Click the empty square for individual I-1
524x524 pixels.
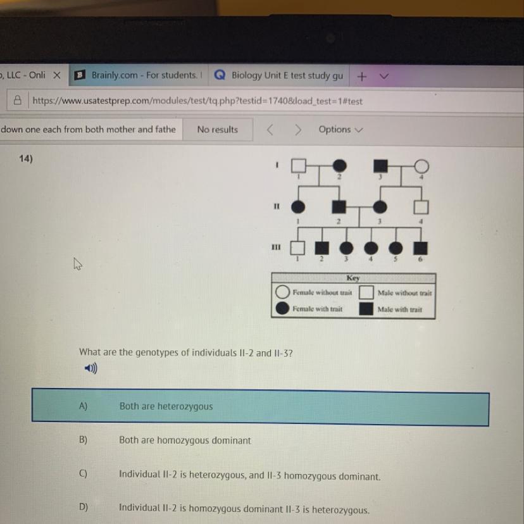pyautogui.click(x=299, y=165)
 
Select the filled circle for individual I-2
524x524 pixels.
pyautogui.click(x=340, y=165)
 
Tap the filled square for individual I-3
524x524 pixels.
pyautogui.click(x=380, y=166)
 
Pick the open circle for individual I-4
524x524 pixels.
pyautogui.click(x=421, y=166)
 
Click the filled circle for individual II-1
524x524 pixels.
pyautogui.click(x=298, y=207)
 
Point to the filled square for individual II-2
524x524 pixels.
pyautogui.click(x=339, y=207)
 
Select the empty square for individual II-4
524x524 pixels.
pyautogui.click(x=421, y=207)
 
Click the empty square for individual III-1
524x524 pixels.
pyautogui.click(x=297, y=248)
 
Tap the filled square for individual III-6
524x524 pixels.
pyautogui.click(x=420, y=248)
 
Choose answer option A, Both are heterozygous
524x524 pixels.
pyautogui.click(x=260, y=407)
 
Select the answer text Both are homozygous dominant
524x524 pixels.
pyautogui.click(x=185, y=440)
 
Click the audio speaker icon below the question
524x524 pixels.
pyautogui.click(x=91, y=368)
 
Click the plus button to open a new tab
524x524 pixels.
pyautogui.click(x=361, y=77)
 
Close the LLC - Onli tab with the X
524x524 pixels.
pyautogui.click(x=57, y=75)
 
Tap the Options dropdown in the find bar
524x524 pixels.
pyautogui.click(x=340, y=130)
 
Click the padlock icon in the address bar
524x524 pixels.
pyautogui.click(x=17, y=100)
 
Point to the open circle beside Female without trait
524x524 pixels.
pyautogui.click(x=282, y=292)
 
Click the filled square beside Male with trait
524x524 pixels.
pyautogui.click(x=366, y=309)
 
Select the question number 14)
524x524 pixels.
pyautogui.click(x=26, y=158)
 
